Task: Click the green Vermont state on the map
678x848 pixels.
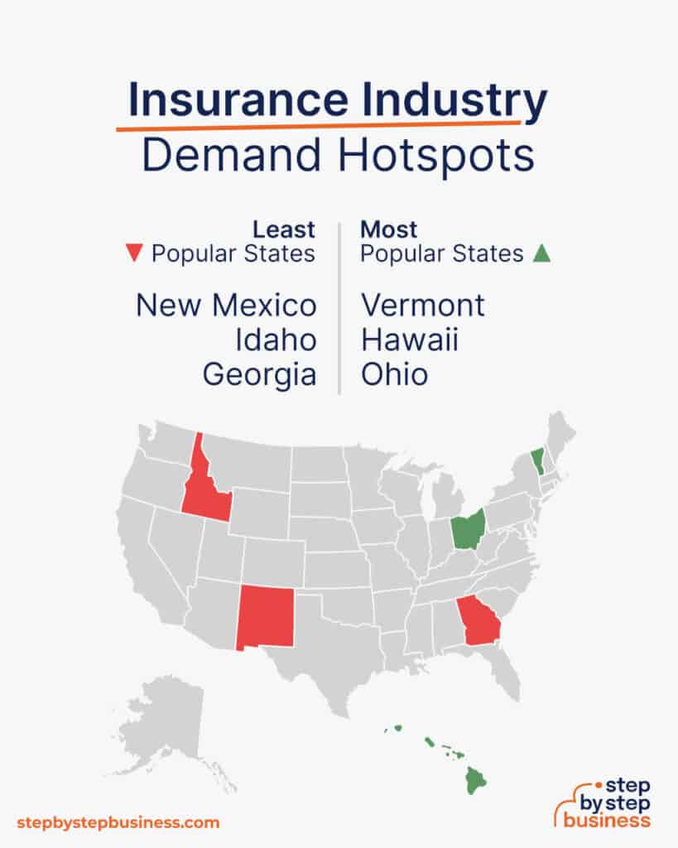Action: click(538, 460)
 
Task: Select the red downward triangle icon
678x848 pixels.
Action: click(137, 254)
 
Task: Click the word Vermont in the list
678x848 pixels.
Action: click(422, 306)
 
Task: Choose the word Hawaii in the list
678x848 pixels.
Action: click(409, 340)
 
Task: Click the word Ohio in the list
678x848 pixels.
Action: click(394, 375)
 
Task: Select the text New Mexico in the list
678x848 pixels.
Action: click(226, 306)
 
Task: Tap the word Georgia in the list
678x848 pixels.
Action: click(259, 375)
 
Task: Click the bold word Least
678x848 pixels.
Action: click(284, 229)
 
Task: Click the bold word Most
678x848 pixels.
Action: click(389, 229)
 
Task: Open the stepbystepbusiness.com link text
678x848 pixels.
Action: click(118, 822)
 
